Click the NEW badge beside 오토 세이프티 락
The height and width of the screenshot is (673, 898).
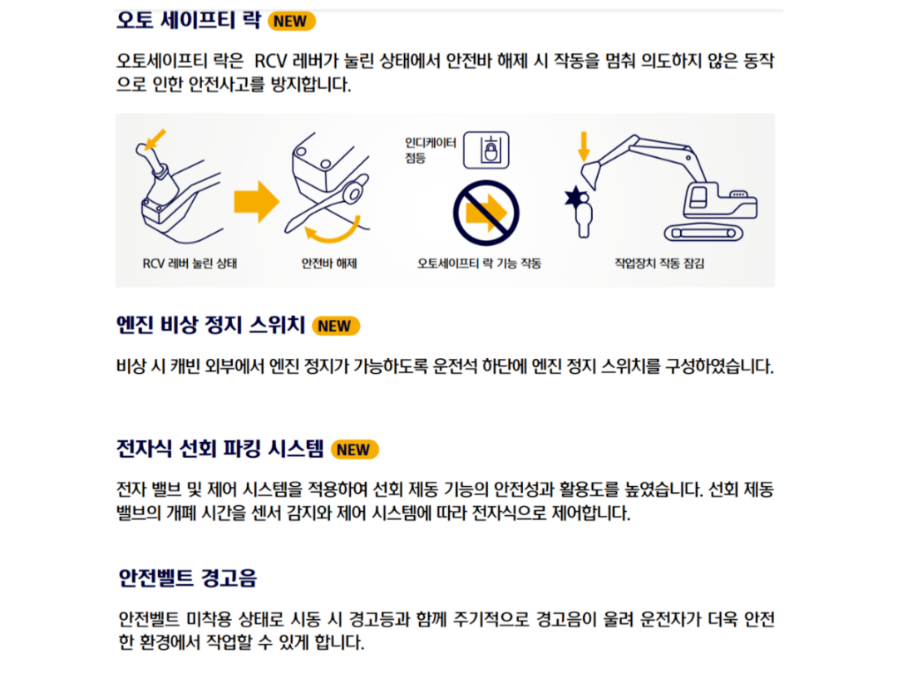(x=292, y=21)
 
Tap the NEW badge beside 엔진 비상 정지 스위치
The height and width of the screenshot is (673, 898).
(x=336, y=326)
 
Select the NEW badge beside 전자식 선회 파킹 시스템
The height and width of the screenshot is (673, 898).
(x=354, y=449)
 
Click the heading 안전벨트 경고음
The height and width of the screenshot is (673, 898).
(x=188, y=577)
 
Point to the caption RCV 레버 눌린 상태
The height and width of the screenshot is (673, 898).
(x=190, y=263)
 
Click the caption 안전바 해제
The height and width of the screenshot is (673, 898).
(x=329, y=263)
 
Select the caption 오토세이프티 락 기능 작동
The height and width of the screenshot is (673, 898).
(x=480, y=263)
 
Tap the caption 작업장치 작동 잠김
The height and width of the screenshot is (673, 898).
(x=659, y=263)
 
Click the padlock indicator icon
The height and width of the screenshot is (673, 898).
(x=486, y=150)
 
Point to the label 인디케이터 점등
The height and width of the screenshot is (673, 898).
(x=430, y=150)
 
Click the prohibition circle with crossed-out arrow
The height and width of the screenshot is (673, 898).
(x=486, y=213)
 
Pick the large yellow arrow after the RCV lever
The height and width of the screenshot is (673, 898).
(x=257, y=201)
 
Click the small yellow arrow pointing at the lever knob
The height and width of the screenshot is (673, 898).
(x=155, y=139)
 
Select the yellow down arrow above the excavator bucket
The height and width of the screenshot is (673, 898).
(x=584, y=147)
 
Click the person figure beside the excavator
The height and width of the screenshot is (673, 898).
(x=580, y=213)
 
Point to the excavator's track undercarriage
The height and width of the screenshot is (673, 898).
(x=703, y=233)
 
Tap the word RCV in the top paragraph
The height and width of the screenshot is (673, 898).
(x=270, y=61)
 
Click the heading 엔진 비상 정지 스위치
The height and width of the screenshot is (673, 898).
(x=210, y=325)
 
